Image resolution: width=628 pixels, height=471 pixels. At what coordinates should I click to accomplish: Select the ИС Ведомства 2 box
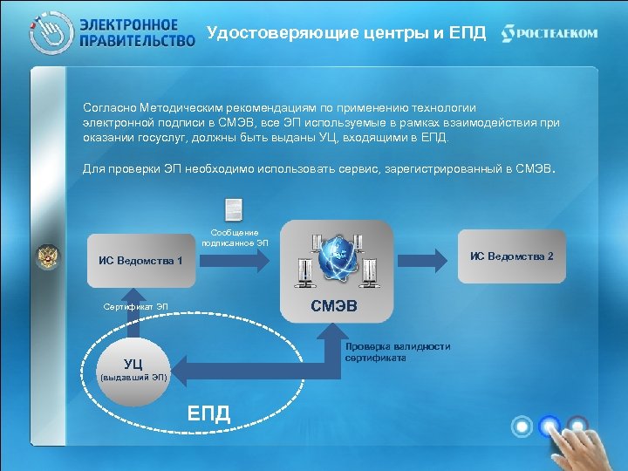(x=511, y=256)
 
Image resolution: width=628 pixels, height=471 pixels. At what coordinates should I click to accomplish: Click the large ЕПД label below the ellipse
(x=209, y=413)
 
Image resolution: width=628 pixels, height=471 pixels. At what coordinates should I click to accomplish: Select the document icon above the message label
(x=234, y=210)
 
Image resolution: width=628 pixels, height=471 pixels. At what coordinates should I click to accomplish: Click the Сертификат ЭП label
(x=136, y=307)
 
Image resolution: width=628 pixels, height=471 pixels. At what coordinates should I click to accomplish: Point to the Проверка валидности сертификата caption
(x=397, y=352)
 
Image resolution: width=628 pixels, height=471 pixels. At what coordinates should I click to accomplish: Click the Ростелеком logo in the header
(x=549, y=33)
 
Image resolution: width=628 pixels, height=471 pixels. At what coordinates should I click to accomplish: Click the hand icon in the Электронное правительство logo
(x=49, y=33)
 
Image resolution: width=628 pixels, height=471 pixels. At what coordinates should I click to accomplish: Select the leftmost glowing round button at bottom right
(x=522, y=427)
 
